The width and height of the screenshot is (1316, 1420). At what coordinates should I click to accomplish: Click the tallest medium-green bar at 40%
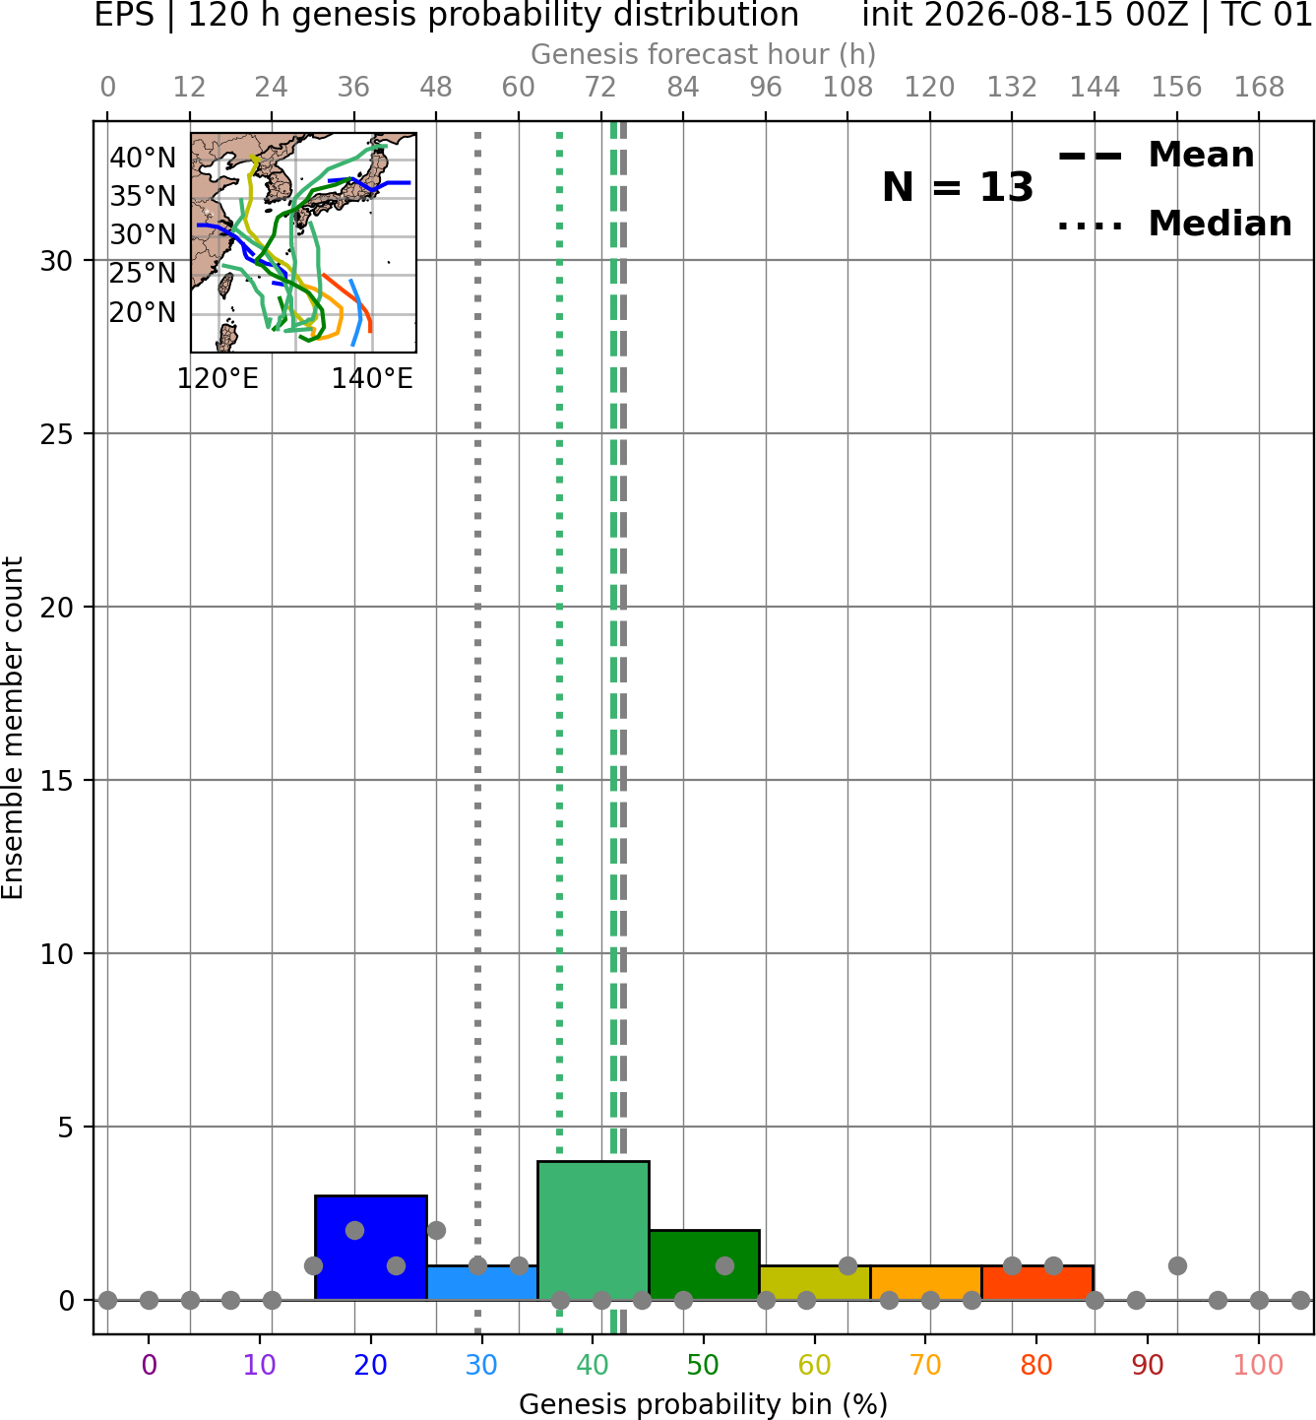tap(594, 1231)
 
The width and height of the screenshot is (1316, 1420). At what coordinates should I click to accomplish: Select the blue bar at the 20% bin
tap(371, 1248)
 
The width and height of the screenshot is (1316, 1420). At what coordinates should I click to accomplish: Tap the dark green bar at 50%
tap(704, 1264)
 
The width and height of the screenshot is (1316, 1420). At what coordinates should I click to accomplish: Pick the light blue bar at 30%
tap(482, 1283)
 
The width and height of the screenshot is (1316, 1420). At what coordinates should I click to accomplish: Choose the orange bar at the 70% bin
tap(926, 1283)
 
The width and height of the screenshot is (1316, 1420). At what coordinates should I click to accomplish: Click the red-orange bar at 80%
tap(1037, 1283)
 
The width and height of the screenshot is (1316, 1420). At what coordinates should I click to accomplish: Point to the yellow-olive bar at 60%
tap(815, 1283)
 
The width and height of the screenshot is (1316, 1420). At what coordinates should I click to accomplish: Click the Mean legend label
tap(1201, 156)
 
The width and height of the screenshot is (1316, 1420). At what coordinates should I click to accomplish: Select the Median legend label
tap(1221, 224)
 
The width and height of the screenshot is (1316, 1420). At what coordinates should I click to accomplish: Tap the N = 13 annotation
tap(958, 187)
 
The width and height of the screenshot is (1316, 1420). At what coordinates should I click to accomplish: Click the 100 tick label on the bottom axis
tap(1259, 1365)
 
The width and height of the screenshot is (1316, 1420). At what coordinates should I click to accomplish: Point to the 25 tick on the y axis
tap(57, 434)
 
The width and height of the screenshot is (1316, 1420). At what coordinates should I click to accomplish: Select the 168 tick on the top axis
tap(1259, 88)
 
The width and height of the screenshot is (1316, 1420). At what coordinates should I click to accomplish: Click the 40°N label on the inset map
tap(143, 158)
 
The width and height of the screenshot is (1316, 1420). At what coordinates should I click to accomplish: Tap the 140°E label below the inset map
tap(372, 378)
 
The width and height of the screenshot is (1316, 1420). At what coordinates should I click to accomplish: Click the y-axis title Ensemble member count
tap(13, 728)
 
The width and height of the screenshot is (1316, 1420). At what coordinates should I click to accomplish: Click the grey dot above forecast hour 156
tap(1177, 1265)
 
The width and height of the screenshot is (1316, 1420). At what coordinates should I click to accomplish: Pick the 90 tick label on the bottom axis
tap(1148, 1365)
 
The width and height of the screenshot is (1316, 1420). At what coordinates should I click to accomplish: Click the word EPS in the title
tap(124, 15)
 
